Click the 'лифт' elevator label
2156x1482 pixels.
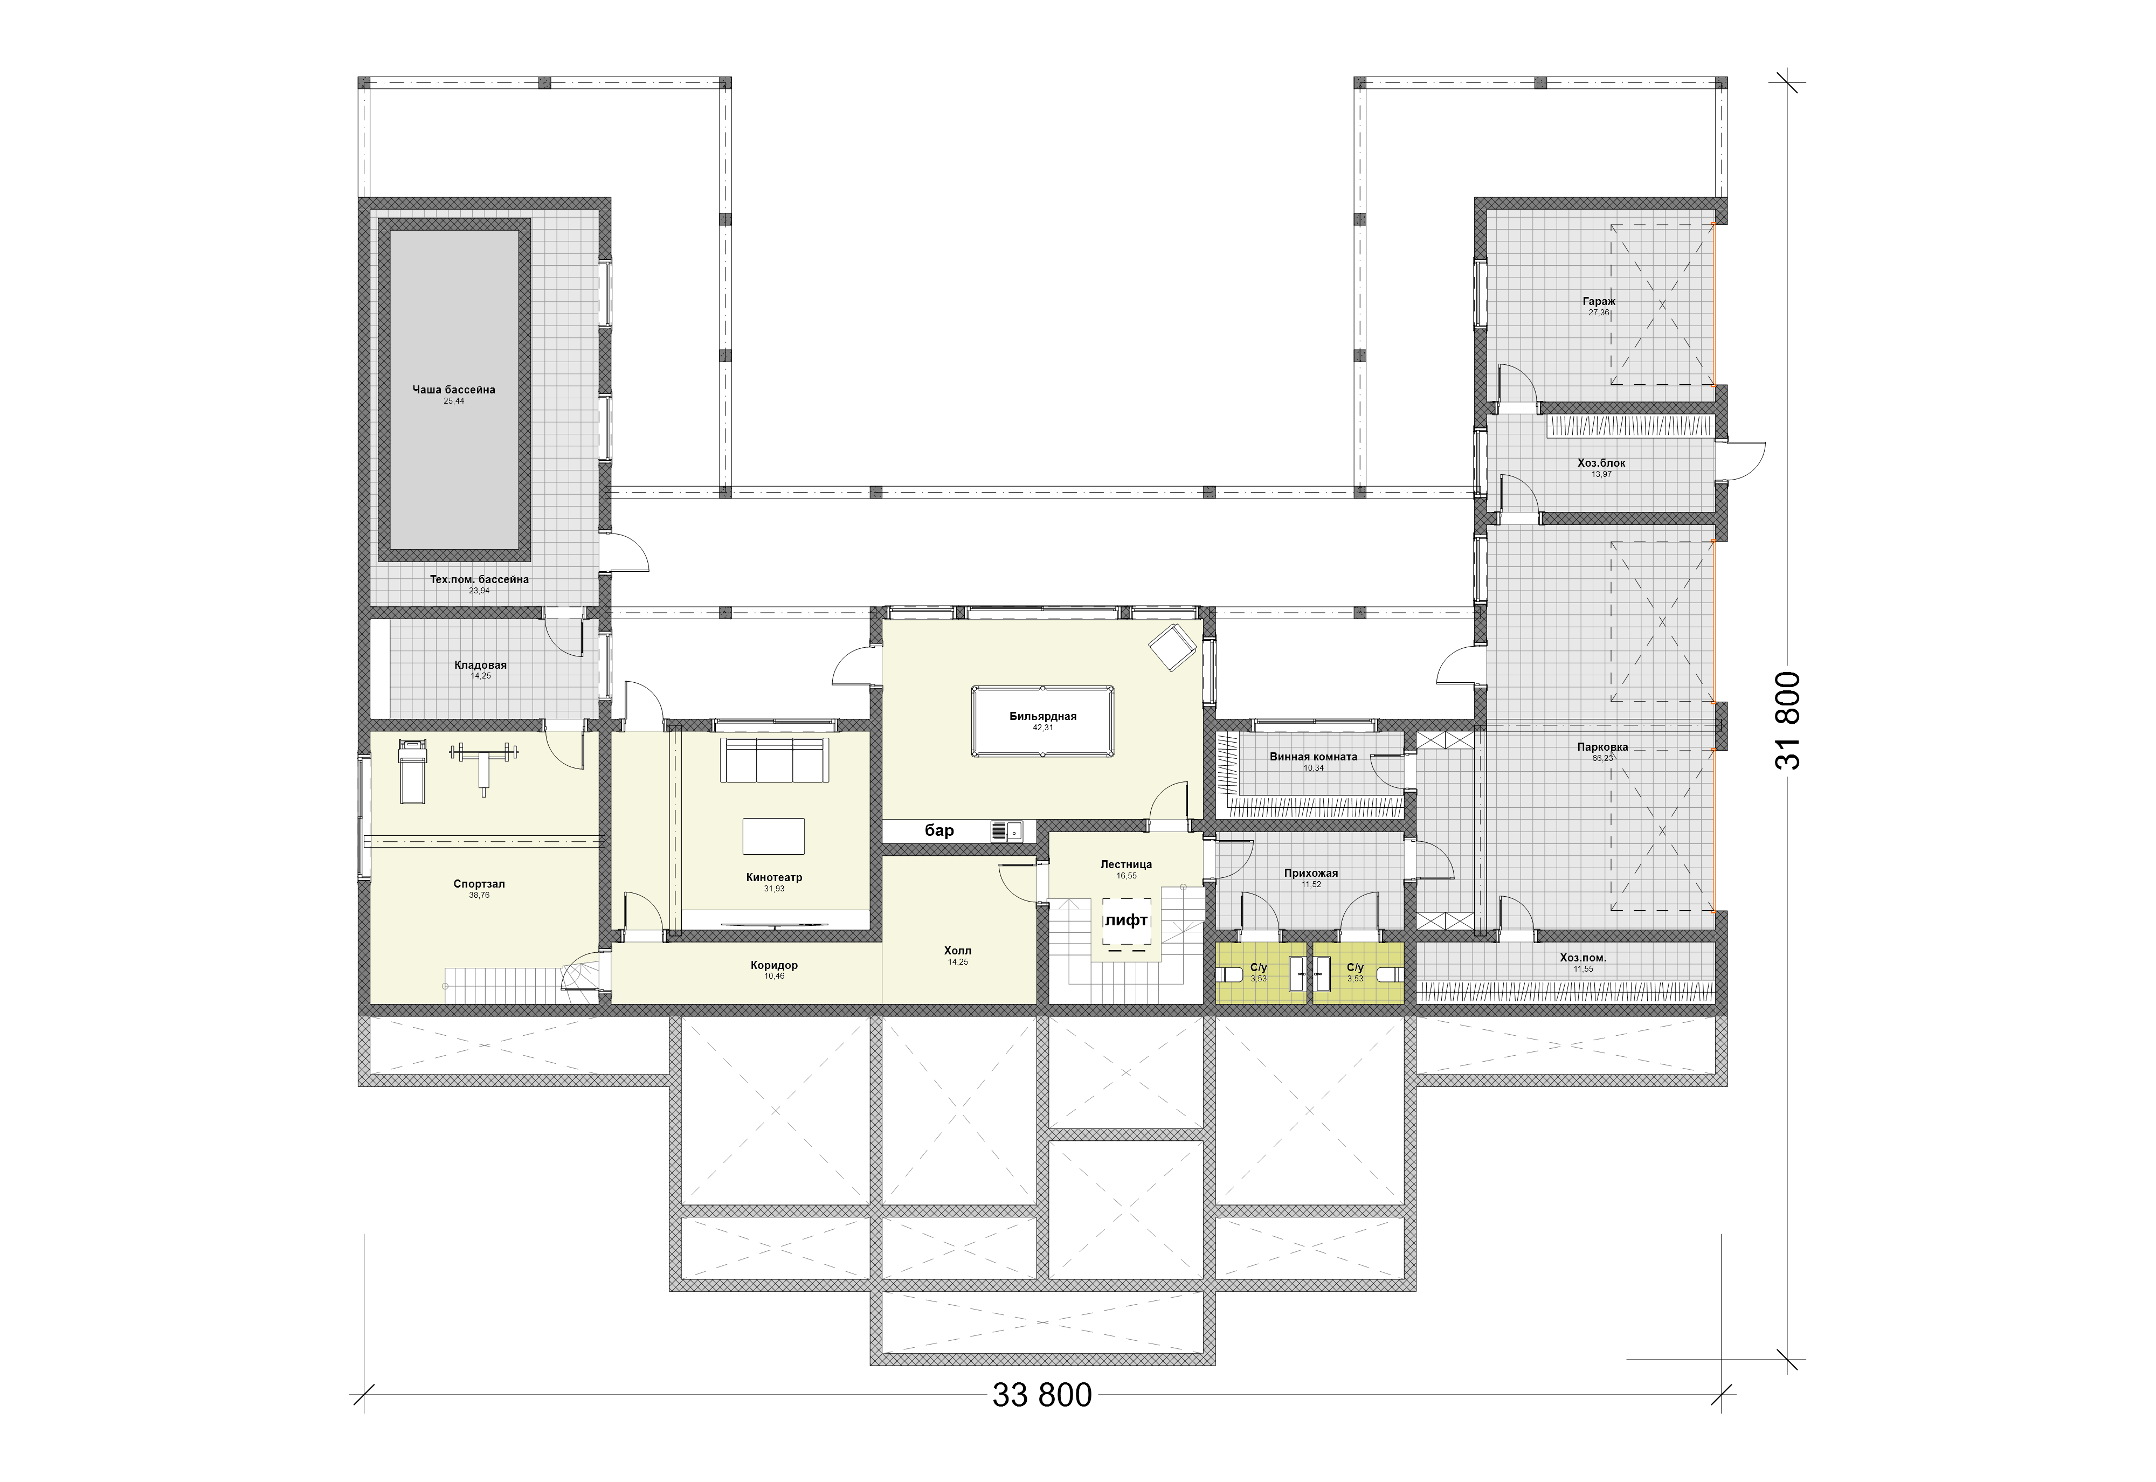[x=1127, y=920]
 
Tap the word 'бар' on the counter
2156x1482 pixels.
[x=939, y=830]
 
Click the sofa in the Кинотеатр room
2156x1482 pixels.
[x=775, y=760]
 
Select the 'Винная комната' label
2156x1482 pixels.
[x=1313, y=757]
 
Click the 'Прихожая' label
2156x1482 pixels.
[x=1311, y=874]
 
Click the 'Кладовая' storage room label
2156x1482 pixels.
[x=480, y=665]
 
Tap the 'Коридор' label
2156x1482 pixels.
[x=775, y=966]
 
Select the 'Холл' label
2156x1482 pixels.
[x=957, y=951]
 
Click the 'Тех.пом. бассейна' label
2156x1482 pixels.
[x=479, y=579]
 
